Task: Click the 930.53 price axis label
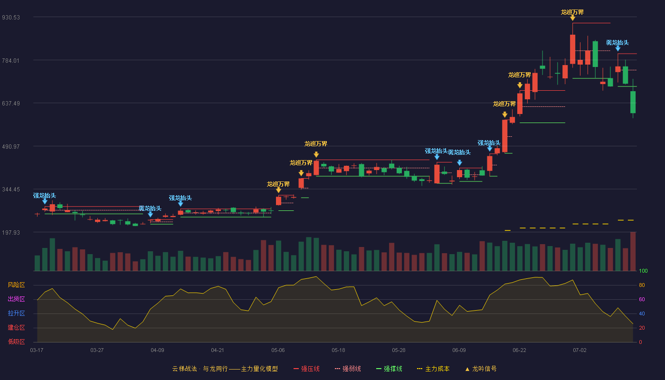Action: coord(11,18)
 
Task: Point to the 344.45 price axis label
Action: coord(11,190)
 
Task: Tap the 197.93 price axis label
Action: coord(11,232)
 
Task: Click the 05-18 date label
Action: coord(338,351)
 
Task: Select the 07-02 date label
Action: coord(580,351)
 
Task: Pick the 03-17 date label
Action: coord(37,351)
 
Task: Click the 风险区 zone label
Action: coord(16,285)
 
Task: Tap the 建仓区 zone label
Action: coord(16,328)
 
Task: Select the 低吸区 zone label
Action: coord(16,342)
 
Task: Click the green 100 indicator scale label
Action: coord(643,271)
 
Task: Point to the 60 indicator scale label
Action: coord(642,299)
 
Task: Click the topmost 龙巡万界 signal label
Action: coord(572,12)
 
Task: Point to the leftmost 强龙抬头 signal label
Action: coord(45,196)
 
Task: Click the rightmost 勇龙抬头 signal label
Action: coord(617,43)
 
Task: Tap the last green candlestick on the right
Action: coord(633,102)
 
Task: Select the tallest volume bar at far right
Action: coord(633,251)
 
